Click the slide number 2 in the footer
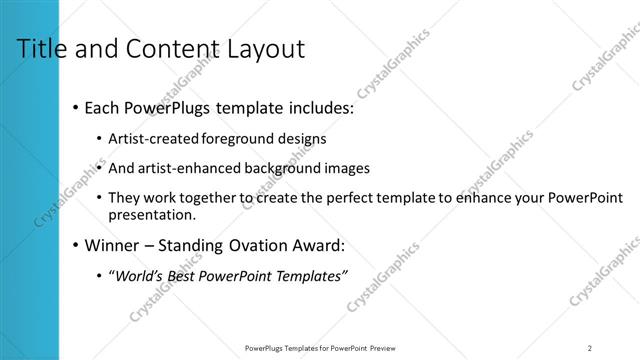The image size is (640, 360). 590,348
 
